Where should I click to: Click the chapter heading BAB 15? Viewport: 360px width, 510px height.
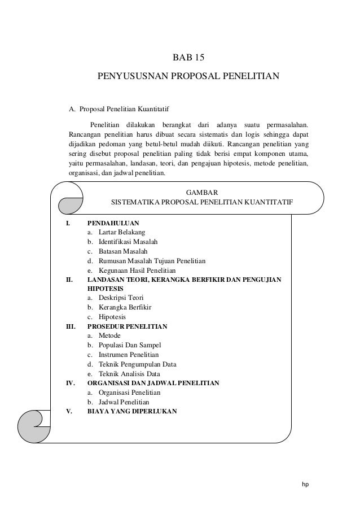(x=188, y=58)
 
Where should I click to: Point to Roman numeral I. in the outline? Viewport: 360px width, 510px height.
(x=69, y=223)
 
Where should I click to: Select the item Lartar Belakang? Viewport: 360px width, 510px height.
(x=121, y=232)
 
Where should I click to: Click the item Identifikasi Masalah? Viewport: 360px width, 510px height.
(x=128, y=242)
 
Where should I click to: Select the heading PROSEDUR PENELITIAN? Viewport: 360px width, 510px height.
(x=131, y=326)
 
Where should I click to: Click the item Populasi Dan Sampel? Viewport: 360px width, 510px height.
(x=128, y=345)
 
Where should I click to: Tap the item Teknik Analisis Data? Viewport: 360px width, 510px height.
(x=129, y=374)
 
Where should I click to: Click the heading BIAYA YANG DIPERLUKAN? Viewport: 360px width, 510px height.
(x=131, y=411)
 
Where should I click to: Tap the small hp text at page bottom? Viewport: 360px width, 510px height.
(x=305, y=484)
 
